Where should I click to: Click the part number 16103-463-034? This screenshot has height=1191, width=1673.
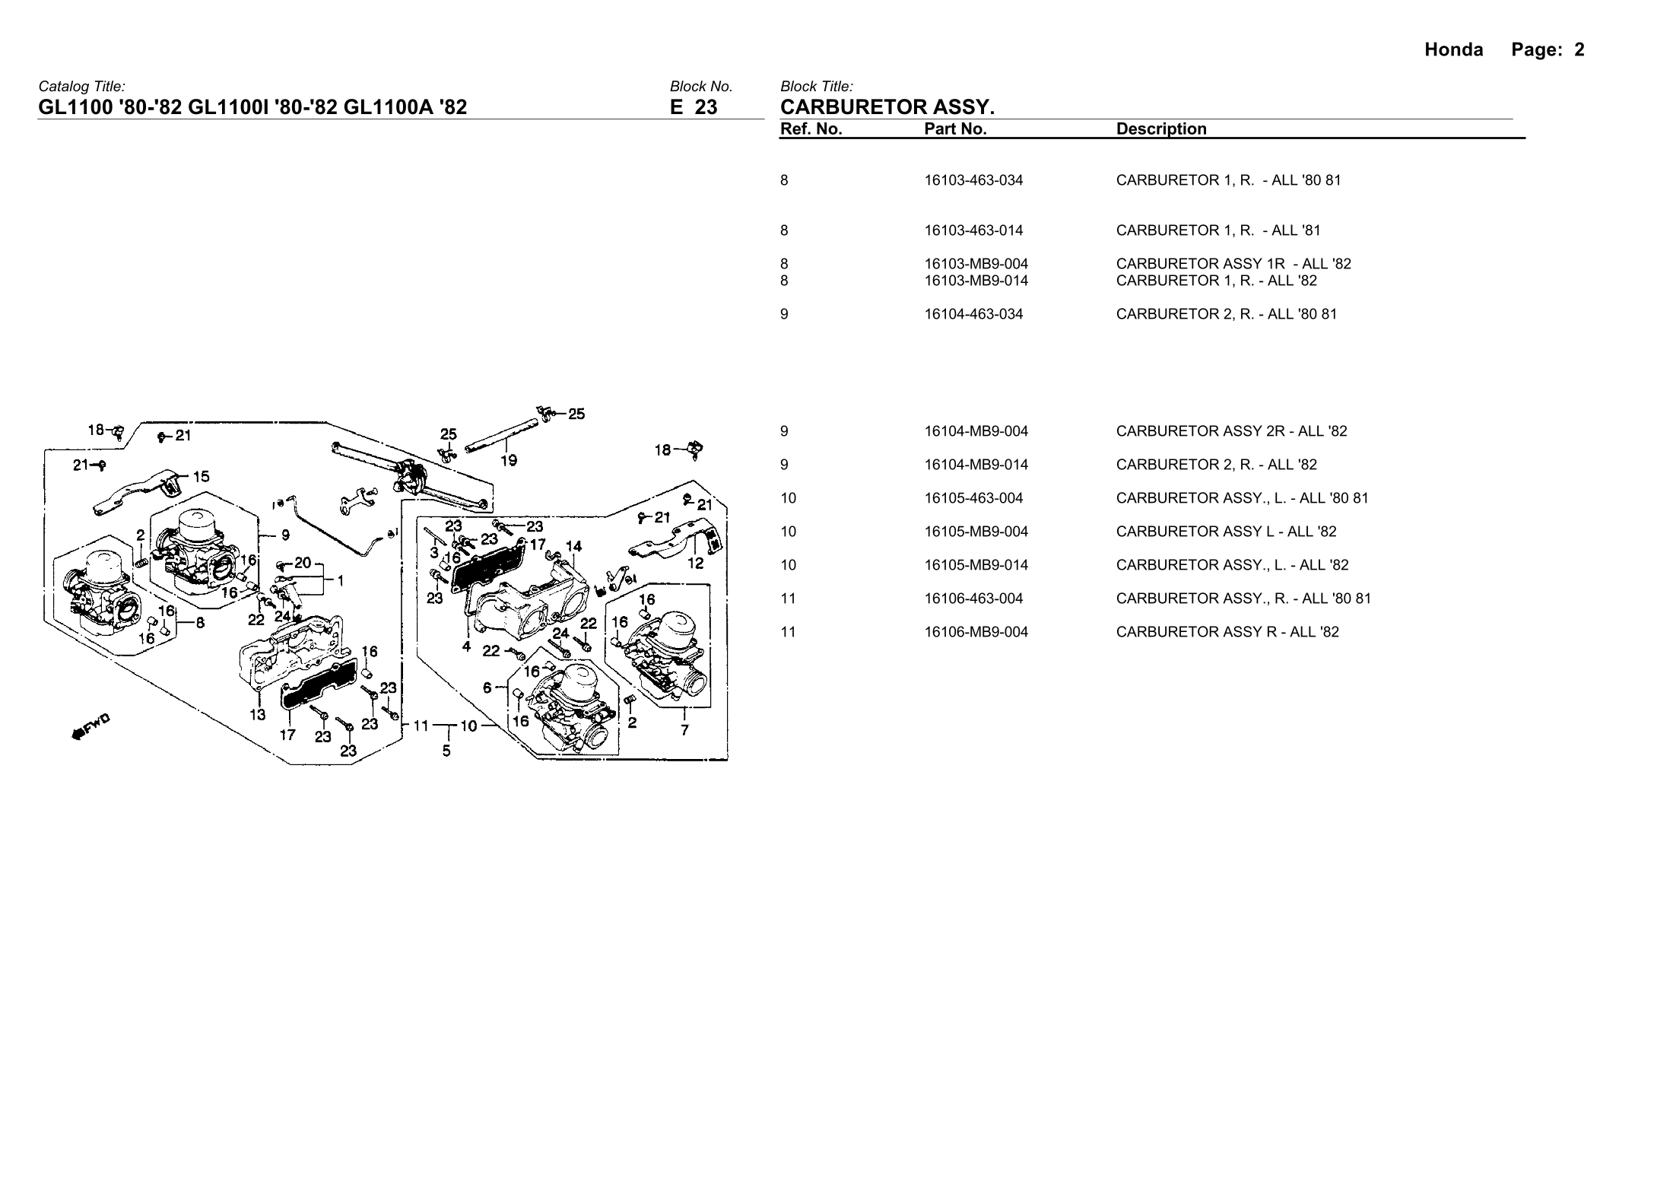973,180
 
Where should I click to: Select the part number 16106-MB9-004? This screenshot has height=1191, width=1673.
976,632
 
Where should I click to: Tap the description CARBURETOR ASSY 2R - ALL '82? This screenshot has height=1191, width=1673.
1231,431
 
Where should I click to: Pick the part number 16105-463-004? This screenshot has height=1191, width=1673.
973,498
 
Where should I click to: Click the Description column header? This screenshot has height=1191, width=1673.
1161,129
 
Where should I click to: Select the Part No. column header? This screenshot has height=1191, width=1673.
955,129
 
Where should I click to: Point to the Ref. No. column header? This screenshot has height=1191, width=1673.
811,129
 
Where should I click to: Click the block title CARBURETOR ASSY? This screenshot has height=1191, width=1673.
887,106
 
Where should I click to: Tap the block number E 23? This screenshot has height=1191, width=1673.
694,107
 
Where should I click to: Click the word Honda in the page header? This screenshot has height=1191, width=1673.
1453,50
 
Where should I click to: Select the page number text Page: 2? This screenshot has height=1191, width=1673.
1548,50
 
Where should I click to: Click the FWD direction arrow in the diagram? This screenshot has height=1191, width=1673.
90,727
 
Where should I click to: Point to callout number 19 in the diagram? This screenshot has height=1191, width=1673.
509,460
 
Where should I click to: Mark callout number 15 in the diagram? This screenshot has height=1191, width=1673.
201,477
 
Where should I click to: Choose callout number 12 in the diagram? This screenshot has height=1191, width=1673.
695,564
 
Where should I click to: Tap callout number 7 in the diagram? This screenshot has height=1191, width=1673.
684,730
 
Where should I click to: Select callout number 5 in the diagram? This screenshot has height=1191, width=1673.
446,751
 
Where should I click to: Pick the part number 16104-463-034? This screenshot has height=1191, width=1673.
973,314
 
